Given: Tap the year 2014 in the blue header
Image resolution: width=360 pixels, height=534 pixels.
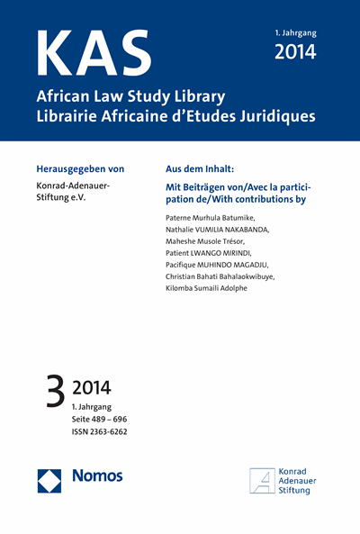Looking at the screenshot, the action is pyautogui.click(x=294, y=51).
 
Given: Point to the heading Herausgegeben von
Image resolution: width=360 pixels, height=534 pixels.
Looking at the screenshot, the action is pyautogui.click(x=85, y=168).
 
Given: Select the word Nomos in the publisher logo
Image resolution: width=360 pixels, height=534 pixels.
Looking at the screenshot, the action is pyautogui.click(x=96, y=475).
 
